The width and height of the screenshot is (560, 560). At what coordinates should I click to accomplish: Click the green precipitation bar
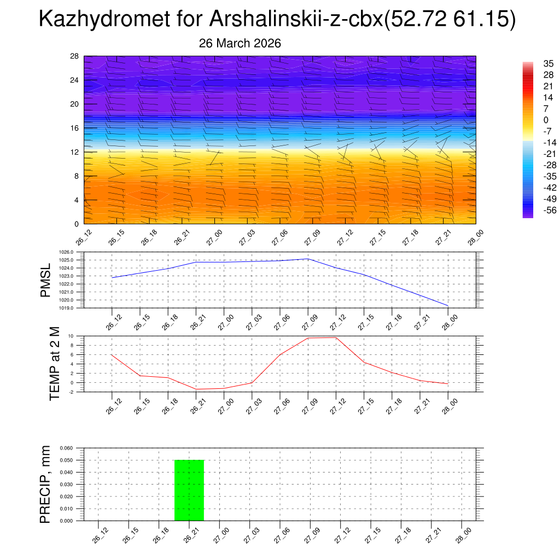pyautogui.click(x=189, y=490)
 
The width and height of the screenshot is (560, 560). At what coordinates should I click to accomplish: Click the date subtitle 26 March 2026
pyautogui.click(x=240, y=43)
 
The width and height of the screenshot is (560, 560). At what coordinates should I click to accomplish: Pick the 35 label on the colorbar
pyautogui.click(x=548, y=63)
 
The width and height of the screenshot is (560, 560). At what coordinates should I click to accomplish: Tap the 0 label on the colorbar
pyautogui.click(x=545, y=120)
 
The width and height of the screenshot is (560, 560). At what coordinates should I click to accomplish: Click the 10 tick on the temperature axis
pyautogui.click(x=71, y=336)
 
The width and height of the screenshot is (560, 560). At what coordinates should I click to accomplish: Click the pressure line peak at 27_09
pyautogui.click(x=308, y=259)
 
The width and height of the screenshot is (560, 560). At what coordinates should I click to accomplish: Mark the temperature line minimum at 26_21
pyautogui.click(x=196, y=389)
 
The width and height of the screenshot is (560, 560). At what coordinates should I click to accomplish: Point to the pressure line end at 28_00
pyautogui.click(x=448, y=305)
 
